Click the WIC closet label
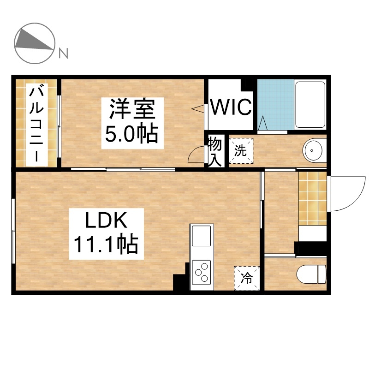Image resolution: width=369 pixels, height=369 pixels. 231,107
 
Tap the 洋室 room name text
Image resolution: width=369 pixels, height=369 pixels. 132,109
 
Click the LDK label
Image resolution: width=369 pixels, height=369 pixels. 106,220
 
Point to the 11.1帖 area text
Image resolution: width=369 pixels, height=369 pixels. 106,244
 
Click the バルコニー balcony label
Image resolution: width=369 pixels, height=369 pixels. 36,125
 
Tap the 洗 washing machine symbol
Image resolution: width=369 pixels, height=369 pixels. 241,151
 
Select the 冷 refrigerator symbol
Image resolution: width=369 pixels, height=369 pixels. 247,278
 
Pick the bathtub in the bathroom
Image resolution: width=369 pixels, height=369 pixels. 310,105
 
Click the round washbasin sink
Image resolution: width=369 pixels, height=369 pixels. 313,150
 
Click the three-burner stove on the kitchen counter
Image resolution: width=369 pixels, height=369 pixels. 202,273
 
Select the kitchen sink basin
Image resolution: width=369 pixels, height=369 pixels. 202,236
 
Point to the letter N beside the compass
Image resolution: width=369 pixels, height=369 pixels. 63,53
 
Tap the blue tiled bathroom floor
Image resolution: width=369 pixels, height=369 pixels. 275,105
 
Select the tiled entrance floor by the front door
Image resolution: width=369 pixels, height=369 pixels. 312,198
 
